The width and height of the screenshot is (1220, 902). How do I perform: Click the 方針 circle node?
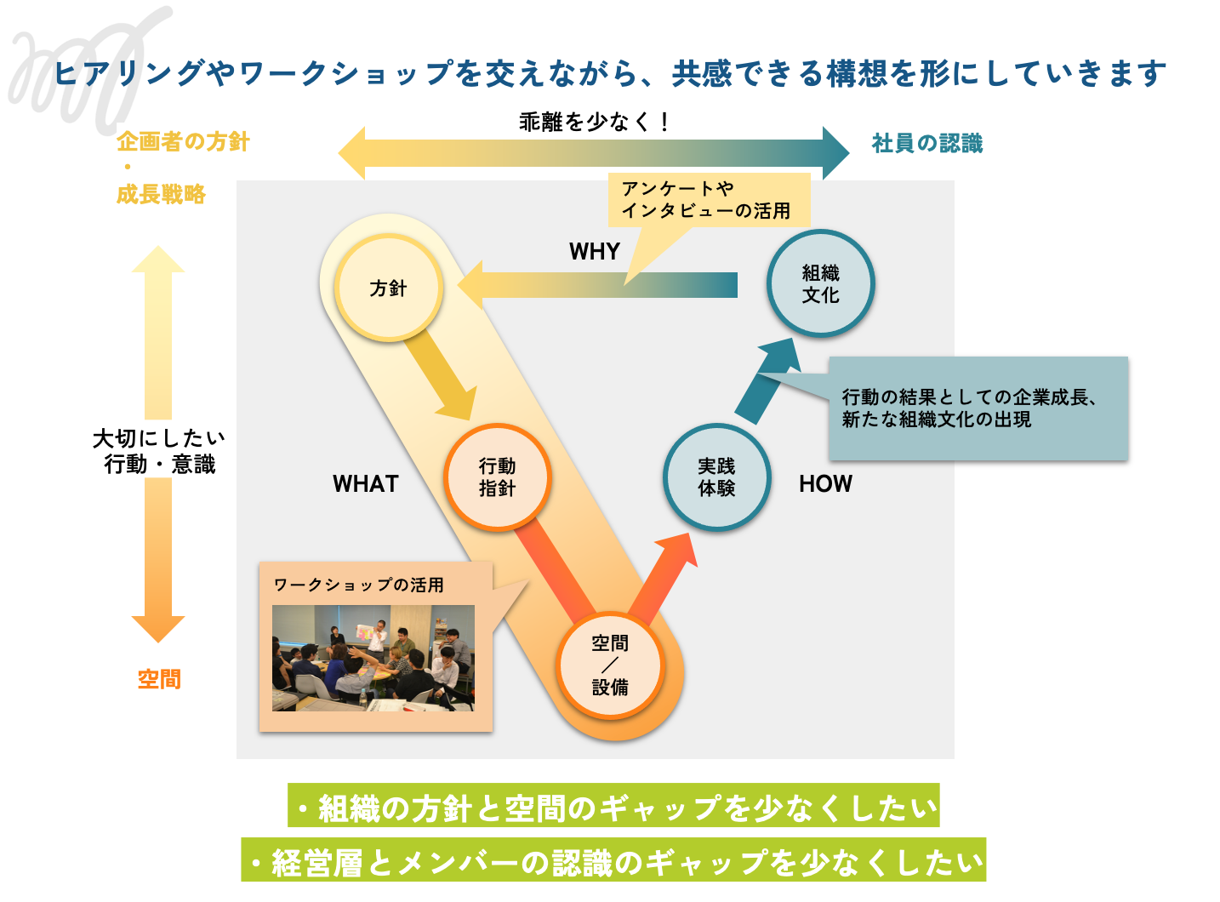[389, 288]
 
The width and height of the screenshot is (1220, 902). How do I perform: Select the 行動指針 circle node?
[497, 477]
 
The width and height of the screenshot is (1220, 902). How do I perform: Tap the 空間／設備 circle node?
[610, 665]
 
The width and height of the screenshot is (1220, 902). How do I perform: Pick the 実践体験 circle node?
[716, 477]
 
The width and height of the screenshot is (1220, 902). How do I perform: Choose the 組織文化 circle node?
[820, 283]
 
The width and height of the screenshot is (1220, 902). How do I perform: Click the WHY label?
[595, 252]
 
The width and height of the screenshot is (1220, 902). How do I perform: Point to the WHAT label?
[366, 484]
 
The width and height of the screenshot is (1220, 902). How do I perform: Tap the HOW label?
[825, 484]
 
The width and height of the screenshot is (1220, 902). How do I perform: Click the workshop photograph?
[373, 658]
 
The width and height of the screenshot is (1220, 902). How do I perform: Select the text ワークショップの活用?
[358, 585]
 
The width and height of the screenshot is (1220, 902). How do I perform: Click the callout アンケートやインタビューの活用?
[708, 200]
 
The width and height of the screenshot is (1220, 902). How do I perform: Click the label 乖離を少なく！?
[595, 123]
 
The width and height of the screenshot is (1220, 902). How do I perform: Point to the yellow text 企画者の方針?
[183, 142]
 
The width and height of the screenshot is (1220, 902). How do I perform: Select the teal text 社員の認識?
[927, 144]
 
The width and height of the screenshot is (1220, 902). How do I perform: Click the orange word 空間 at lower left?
[159, 679]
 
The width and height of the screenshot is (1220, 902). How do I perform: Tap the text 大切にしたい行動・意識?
[159, 451]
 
